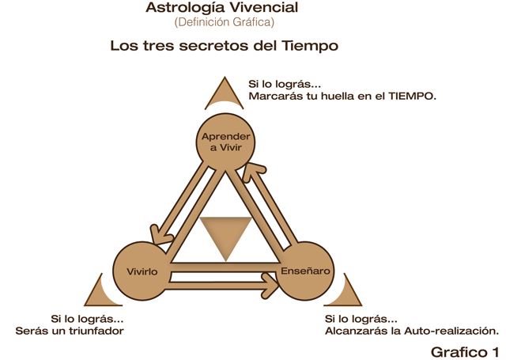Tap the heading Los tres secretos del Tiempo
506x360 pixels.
tap(225, 46)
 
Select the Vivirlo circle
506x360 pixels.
tap(144, 271)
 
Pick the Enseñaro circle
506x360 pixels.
tap(307, 271)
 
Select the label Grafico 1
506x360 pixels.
tap(466, 350)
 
